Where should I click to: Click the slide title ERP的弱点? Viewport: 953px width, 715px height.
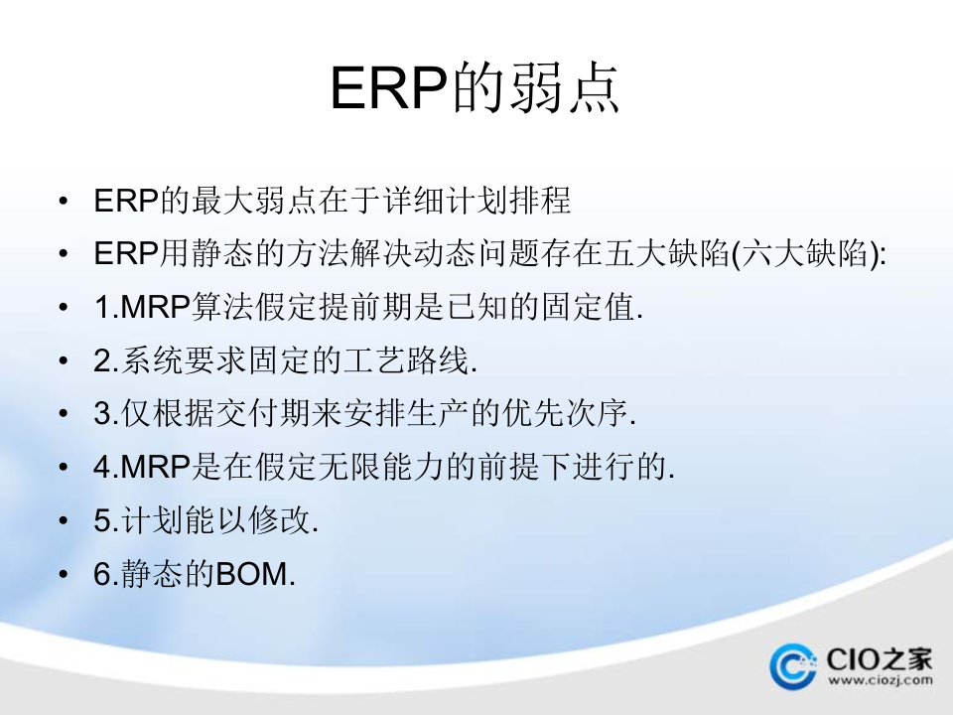pos(476,88)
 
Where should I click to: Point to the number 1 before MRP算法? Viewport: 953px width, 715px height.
pos(102,308)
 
